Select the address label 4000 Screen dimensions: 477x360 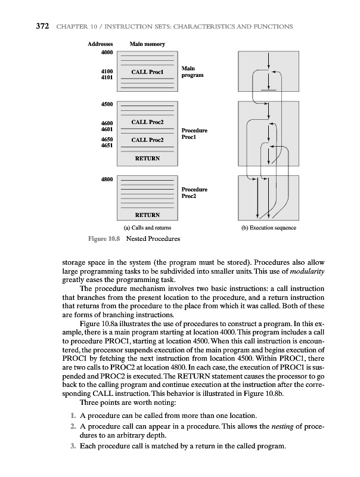[x=107, y=52]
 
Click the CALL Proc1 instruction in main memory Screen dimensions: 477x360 [x=147, y=73]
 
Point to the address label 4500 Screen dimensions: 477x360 [x=107, y=105]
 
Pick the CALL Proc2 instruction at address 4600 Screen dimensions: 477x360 [x=147, y=122]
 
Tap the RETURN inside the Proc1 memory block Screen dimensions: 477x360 [x=147, y=159]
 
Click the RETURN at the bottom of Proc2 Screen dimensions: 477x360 [x=147, y=215]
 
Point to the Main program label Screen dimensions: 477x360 [x=192, y=72]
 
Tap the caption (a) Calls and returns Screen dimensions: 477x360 [x=147, y=227]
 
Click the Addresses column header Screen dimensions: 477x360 [x=101, y=44]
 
